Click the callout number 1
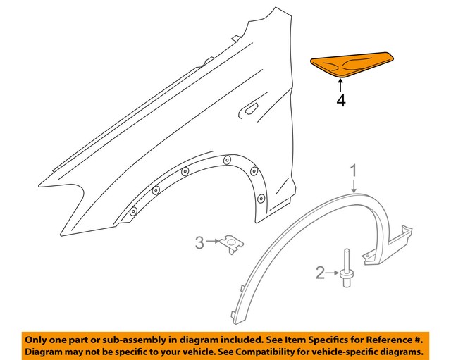coord(354,170)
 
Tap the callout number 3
coord(199,244)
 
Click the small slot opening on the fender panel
coord(249,110)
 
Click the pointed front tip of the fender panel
coord(42,185)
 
